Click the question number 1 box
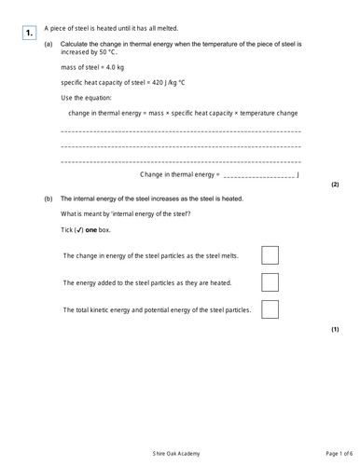coord(30,33)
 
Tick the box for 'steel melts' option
coord(270,254)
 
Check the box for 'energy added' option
coord(270,281)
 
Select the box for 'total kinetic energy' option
coord(270,308)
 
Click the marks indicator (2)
coord(335,185)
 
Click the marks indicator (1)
coord(335,330)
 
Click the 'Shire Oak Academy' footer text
coord(179,452)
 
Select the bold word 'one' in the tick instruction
coord(91,229)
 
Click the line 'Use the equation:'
coord(84,98)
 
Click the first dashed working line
coord(180,133)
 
